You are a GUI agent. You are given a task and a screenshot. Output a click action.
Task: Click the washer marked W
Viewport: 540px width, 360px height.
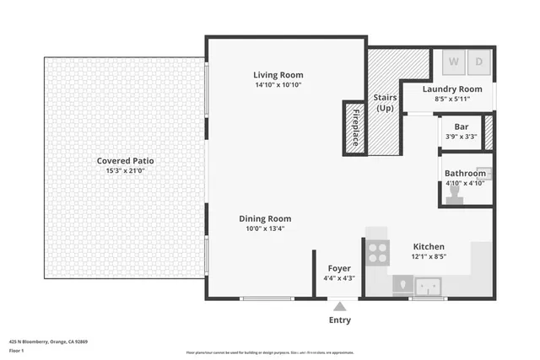tap(453, 62)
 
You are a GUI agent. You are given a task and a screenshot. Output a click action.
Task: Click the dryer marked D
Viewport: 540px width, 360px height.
tap(478, 62)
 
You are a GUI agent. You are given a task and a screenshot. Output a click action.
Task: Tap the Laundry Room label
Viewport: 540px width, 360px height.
tap(452, 89)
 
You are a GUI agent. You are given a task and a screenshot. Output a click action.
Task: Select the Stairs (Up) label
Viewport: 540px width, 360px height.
tap(385, 103)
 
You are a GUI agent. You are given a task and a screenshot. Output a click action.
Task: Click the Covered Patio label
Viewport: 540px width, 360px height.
tap(125, 160)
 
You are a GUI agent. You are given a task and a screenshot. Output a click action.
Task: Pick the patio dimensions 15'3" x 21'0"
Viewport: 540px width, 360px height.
tap(125, 170)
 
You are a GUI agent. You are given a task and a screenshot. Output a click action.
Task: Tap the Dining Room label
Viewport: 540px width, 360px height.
tap(265, 218)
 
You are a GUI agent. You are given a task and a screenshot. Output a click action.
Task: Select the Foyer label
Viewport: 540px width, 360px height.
tap(339, 268)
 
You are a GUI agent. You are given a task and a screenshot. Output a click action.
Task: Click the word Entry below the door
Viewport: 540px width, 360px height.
tap(339, 320)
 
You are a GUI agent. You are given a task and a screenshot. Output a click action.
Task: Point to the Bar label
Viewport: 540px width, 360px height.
tap(462, 126)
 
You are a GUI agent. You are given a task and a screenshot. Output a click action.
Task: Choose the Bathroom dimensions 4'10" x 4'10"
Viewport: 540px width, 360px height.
tap(465, 183)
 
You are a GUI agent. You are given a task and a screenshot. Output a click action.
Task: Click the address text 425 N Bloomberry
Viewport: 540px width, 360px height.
tap(49, 341)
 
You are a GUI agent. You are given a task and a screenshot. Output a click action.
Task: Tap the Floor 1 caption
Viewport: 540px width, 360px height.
tap(17, 350)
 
